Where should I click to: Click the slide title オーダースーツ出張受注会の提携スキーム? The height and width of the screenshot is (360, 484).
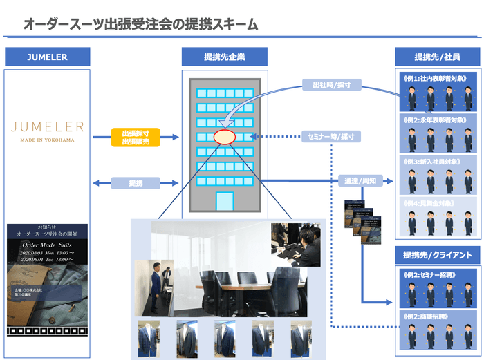140,24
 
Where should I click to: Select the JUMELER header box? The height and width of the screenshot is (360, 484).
48,57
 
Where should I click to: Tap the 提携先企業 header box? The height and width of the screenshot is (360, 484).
223,57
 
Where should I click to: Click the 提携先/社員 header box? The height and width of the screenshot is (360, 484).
436,57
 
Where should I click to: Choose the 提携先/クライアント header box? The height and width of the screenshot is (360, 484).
436,255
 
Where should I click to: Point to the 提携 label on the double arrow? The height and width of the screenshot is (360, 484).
136,183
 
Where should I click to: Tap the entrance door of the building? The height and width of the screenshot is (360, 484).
225,201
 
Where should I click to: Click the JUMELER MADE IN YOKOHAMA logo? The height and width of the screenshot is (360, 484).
48,129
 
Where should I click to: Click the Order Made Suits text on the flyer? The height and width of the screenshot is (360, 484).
47,245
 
